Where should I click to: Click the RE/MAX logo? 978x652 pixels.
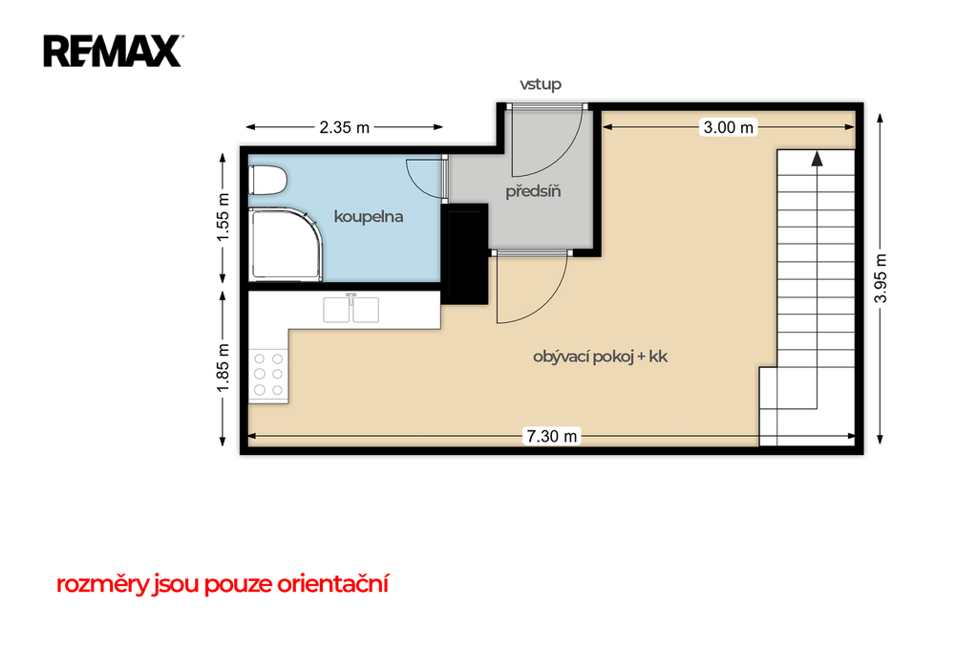[113, 51]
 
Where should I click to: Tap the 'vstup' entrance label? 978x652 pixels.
[541, 84]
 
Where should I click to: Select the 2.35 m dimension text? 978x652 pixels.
[344, 127]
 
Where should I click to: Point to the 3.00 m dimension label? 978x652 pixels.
[728, 127]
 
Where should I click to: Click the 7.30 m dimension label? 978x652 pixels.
[551, 436]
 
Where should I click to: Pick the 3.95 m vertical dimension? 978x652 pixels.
[880, 278]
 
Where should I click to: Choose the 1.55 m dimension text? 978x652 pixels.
[223, 217]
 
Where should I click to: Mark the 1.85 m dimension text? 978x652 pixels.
[223, 368]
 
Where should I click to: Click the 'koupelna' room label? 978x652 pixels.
[368, 217]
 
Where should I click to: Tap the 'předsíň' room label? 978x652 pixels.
[533, 191]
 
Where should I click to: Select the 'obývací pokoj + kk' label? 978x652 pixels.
[600, 357]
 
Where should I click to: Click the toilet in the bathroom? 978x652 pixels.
[267, 181]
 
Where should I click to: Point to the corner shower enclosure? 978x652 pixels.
[285, 245]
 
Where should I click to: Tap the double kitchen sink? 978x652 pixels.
[351, 309]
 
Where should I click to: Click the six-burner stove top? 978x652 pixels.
[268, 375]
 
